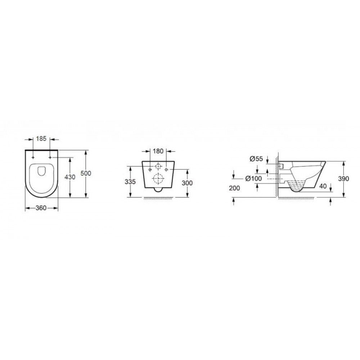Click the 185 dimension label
point(41,138)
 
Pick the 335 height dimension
point(130,182)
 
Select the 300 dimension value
point(187,183)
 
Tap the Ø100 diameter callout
point(254,178)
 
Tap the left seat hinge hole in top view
point(33,157)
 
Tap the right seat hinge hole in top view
point(50,157)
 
